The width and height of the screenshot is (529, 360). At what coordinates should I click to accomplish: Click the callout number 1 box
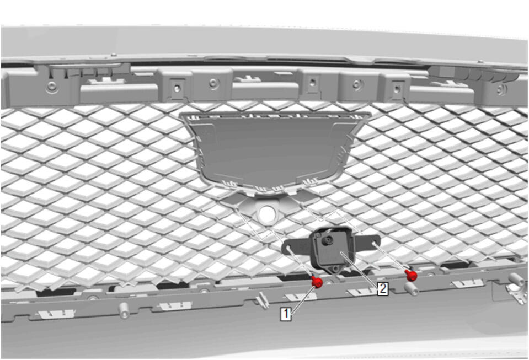point(286,314)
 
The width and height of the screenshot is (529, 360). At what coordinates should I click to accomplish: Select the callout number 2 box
point(383,289)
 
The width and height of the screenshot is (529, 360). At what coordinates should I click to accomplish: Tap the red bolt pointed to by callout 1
point(317,282)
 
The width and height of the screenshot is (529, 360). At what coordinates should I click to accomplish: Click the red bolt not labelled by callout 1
point(412,276)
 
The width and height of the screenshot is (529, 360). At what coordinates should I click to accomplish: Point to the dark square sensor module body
point(332,248)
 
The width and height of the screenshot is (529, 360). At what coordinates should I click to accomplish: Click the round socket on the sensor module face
point(327,241)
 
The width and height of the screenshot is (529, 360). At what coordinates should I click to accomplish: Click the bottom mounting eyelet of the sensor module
point(335,268)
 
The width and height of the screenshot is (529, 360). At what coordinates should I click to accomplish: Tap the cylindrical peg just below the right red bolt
point(412,288)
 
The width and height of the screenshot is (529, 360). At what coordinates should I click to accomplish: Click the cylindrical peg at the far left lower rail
point(124,310)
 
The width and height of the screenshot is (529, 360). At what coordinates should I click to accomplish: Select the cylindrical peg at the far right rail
point(516,280)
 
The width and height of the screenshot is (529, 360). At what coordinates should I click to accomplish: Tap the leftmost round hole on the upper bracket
point(52,86)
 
